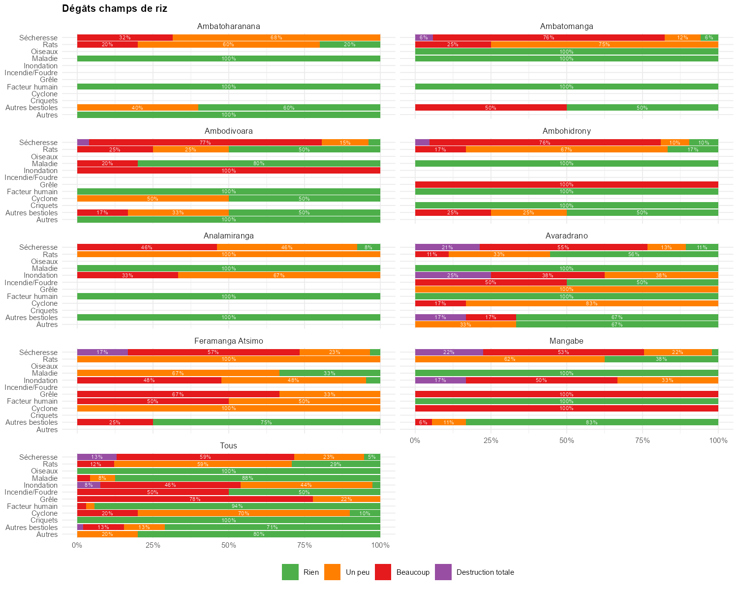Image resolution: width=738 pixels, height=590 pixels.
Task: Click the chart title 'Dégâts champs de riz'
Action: pyautogui.click(x=115, y=8)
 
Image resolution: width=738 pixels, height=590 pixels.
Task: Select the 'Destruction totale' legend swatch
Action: pyautogui.click(x=444, y=572)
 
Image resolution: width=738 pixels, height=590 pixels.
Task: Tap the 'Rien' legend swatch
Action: pyautogui.click(x=290, y=572)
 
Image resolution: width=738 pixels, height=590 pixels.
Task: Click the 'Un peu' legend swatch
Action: pyautogui.click(x=333, y=572)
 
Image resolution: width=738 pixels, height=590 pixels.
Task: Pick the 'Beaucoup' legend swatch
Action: pyautogui.click(x=383, y=572)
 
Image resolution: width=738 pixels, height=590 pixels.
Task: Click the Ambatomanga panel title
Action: pyautogui.click(x=566, y=26)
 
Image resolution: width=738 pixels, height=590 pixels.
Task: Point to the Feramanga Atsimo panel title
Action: pyautogui.click(x=228, y=341)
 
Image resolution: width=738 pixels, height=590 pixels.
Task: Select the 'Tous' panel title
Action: pyautogui.click(x=228, y=445)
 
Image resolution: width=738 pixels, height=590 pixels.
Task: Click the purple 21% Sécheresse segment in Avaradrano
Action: pyautogui.click(x=447, y=247)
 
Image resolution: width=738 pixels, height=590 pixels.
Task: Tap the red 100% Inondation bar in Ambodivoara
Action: pyautogui.click(x=228, y=171)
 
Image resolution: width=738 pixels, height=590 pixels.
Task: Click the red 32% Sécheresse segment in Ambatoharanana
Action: pyautogui.click(x=124, y=38)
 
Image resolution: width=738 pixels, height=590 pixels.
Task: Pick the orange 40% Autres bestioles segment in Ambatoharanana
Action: pyautogui.click(x=137, y=108)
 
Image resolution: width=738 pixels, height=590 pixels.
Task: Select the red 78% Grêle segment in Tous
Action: pyautogui.click(x=195, y=499)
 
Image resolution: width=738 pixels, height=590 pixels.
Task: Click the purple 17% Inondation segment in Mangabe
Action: pyautogui.click(x=440, y=381)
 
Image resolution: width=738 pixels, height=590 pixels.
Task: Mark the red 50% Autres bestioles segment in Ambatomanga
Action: pyautogui.click(x=491, y=108)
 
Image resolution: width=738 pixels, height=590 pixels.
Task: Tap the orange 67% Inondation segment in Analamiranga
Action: pyautogui.click(x=279, y=275)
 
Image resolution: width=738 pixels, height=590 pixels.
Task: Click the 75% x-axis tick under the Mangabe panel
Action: pyautogui.click(x=642, y=441)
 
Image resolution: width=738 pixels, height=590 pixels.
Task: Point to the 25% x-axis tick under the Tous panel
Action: pyautogui.click(x=153, y=545)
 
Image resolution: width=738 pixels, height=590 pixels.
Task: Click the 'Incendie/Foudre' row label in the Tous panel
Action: pyautogui.click(x=31, y=492)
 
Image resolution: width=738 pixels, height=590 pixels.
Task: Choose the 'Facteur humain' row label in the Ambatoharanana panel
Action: pyautogui.click(x=32, y=87)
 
